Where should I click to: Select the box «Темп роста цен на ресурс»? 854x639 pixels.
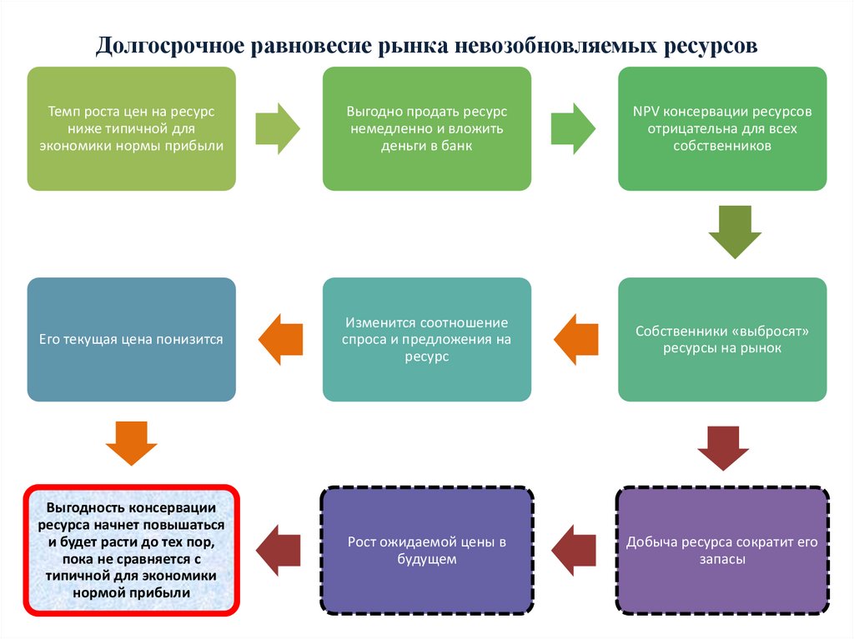tap(132, 128)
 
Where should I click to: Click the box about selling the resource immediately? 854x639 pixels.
tap(427, 128)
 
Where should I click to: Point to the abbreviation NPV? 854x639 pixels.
tap(646, 111)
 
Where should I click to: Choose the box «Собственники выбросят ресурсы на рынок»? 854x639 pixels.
tap(722, 339)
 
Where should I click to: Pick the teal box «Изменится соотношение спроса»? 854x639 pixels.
tap(427, 339)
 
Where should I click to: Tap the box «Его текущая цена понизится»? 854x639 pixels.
tap(132, 339)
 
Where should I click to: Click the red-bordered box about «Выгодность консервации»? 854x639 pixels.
tap(132, 550)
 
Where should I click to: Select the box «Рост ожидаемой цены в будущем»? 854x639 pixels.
tap(427, 550)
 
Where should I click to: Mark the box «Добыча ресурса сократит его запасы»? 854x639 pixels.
tap(722, 550)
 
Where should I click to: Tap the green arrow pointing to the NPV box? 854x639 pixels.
tap(575, 128)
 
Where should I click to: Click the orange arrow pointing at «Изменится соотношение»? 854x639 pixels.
tap(575, 339)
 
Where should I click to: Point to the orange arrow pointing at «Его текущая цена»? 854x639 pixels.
tap(279, 339)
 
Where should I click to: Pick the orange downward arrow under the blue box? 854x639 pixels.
tap(132, 443)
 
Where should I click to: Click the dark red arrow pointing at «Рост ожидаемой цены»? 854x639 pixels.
tap(575, 550)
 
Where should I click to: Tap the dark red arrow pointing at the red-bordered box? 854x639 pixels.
tap(279, 550)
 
